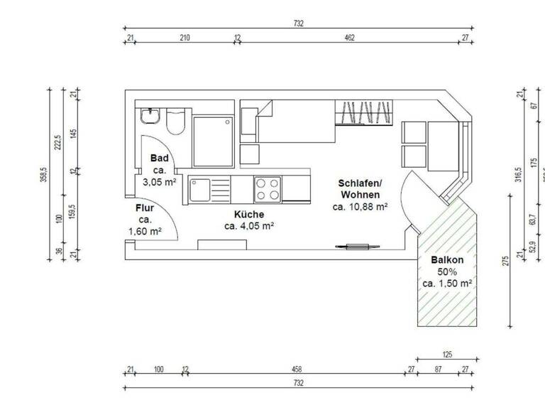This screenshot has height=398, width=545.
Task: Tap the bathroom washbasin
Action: click(151, 117)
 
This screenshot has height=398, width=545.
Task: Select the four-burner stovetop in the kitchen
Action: click(267, 189)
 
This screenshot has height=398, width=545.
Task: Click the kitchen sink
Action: click(199, 190)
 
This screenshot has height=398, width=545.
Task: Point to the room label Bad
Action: click(159, 158)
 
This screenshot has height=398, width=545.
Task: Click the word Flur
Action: click(145, 208)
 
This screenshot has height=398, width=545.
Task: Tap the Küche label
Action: click(249, 215)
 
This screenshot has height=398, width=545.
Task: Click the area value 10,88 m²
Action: click(360, 207)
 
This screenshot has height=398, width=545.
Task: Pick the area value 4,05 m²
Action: click(249, 226)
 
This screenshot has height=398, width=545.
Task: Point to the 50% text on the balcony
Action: click(447, 271)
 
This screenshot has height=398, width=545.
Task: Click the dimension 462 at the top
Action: click(349, 38)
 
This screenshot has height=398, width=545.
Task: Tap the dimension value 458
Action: click(297, 369)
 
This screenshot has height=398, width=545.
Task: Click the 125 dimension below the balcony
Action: click(446, 354)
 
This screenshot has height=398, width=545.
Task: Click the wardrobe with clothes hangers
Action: click(363, 112)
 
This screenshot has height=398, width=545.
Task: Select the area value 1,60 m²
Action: click(145, 231)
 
